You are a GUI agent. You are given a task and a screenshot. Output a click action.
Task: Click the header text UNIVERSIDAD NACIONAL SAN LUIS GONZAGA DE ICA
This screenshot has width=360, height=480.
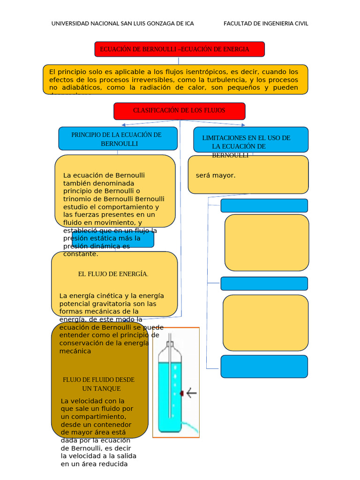click(122, 23)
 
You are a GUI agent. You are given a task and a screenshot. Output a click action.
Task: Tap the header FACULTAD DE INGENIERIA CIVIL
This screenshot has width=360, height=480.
click(266, 23)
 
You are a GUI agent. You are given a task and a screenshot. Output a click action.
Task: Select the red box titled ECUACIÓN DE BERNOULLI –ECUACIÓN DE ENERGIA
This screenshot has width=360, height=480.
click(180, 49)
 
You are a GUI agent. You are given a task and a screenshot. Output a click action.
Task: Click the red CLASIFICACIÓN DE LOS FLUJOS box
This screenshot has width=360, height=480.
click(179, 111)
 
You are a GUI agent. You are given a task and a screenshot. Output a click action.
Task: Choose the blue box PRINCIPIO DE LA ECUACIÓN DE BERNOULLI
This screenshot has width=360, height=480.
click(117, 139)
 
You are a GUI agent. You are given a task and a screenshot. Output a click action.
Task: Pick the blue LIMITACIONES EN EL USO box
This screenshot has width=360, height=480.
click(251, 140)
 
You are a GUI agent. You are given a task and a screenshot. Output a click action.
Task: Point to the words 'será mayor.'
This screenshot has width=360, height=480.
click(216, 176)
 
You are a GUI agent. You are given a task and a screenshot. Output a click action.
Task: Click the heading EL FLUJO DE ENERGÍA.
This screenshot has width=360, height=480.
click(113, 274)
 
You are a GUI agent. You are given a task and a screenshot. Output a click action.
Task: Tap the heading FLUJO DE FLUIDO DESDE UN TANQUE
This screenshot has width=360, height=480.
click(98, 384)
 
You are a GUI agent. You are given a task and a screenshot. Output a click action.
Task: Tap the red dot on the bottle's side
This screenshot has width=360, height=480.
click(181, 394)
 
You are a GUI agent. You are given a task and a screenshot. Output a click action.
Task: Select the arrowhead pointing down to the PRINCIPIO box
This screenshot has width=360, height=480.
click(123, 125)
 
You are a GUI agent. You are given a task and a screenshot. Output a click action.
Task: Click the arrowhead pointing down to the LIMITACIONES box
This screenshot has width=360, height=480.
click(242, 125)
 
